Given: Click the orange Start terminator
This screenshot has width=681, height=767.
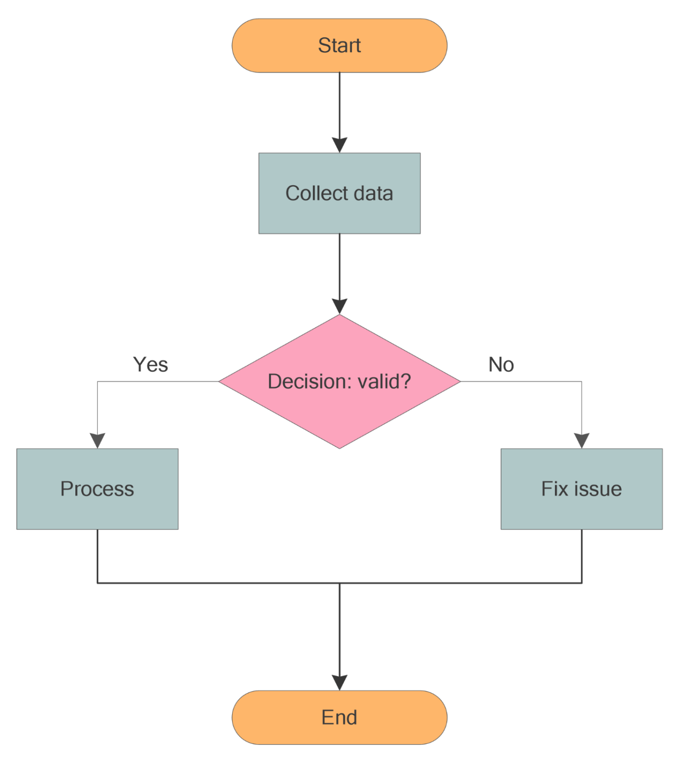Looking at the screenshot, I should click(x=340, y=46).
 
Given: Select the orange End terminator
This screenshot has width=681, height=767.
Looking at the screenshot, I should click(x=340, y=717).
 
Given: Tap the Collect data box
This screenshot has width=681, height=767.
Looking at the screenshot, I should click(x=340, y=193).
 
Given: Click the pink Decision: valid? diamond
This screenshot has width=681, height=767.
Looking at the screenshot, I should click(x=340, y=382).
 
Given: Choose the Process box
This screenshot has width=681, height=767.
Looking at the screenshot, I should click(x=97, y=489).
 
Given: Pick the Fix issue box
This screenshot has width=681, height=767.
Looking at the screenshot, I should click(x=582, y=489).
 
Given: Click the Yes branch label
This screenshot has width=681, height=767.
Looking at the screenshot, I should click(x=151, y=365).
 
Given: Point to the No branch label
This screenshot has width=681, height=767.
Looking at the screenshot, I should click(x=501, y=365).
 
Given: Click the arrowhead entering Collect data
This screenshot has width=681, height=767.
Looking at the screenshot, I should click(x=340, y=145).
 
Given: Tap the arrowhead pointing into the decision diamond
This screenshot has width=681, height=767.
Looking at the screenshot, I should click(x=340, y=306).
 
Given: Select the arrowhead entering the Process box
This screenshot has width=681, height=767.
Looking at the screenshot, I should click(x=97, y=440).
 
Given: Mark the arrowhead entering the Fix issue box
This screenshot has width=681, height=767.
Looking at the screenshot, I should click(x=582, y=440).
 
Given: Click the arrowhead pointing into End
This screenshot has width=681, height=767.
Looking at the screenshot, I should click(x=340, y=682).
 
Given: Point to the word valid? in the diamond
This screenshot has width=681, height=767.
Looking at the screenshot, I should click(x=384, y=382).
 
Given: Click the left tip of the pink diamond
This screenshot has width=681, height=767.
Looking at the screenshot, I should click(x=220, y=382).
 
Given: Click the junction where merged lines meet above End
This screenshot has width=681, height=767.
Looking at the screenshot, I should click(x=340, y=583).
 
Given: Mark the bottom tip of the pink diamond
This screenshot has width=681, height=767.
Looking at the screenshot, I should click(x=340, y=447).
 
